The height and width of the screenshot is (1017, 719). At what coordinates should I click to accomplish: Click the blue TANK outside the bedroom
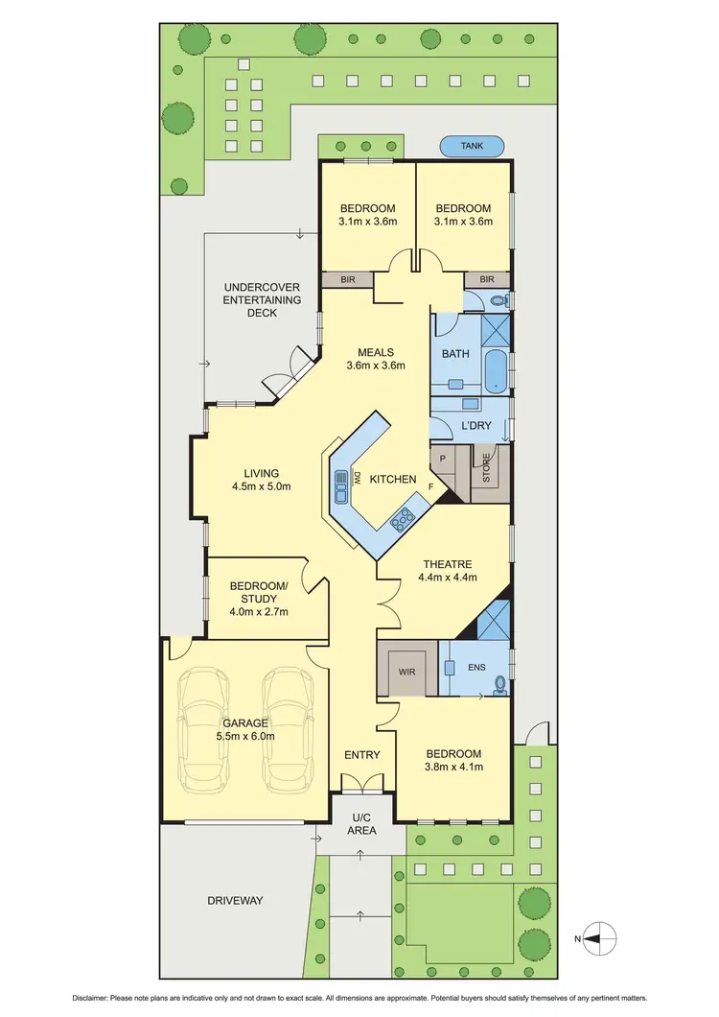click(472, 147)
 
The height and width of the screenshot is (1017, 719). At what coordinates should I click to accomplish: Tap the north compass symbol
click(599, 937)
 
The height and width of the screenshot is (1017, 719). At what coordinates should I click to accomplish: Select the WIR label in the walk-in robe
click(406, 673)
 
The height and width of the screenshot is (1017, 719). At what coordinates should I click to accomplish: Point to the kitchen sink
click(341, 486)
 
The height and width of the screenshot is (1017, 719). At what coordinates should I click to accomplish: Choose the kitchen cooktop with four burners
click(403, 519)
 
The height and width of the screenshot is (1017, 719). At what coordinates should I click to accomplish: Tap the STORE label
click(486, 469)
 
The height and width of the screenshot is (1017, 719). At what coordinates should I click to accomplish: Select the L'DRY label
click(476, 425)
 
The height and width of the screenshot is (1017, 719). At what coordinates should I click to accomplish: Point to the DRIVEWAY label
click(235, 900)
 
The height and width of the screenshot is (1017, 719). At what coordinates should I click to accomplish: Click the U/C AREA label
click(361, 823)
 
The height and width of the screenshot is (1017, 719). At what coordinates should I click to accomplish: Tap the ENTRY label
click(362, 755)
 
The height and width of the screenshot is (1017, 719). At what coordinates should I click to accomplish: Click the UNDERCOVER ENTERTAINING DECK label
click(262, 299)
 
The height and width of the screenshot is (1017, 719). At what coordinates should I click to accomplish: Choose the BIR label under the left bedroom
click(346, 279)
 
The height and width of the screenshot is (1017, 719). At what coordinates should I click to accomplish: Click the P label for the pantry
click(443, 459)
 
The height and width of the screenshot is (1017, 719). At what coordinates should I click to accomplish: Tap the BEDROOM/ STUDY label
click(259, 599)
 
